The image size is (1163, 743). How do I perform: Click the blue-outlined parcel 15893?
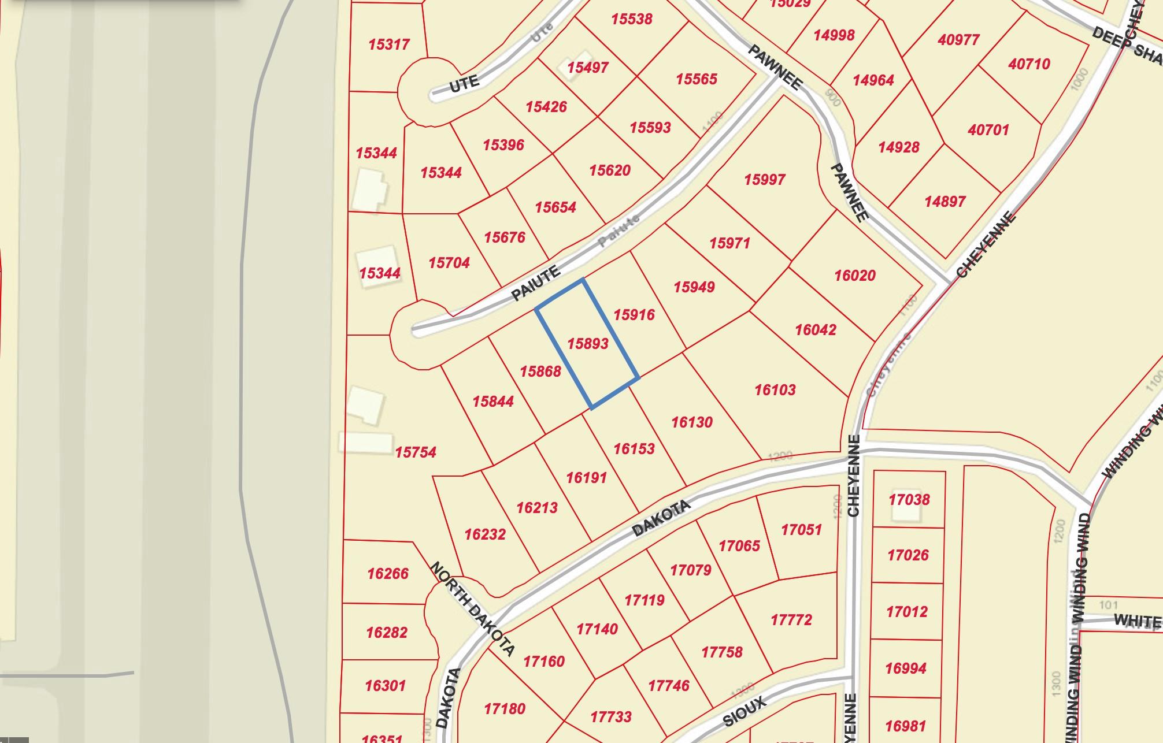click(x=587, y=344)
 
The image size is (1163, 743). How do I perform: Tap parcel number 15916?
click(x=634, y=315)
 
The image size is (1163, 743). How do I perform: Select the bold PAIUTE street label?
click(x=536, y=284)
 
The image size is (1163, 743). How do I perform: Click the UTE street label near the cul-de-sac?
click(x=464, y=84)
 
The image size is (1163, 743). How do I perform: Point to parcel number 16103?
click(x=775, y=390)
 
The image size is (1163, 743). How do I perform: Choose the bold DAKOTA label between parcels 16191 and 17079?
click(x=661, y=518)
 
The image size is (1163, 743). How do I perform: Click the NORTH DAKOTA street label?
click(x=472, y=609)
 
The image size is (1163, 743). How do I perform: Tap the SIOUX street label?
click(x=745, y=711)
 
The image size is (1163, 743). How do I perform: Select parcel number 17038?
click(x=909, y=500)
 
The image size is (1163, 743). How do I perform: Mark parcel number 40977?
click(x=958, y=40)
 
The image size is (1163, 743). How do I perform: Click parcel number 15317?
click(x=388, y=44)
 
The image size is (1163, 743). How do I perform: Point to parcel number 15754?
click(x=415, y=452)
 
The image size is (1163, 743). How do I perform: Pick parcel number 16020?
click(x=854, y=276)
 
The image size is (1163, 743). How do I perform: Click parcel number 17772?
click(x=791, y=621)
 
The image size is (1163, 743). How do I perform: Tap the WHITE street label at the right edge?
click(x=1137, y=621)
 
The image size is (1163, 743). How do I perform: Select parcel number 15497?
click(x=587, y=68)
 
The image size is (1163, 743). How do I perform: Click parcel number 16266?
click(x=387, y=574)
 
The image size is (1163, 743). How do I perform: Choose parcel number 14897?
click(x=945, y=202)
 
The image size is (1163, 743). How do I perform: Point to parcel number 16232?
click(x=484, y=534)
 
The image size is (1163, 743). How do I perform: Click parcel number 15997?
click(x=764, y=180)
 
